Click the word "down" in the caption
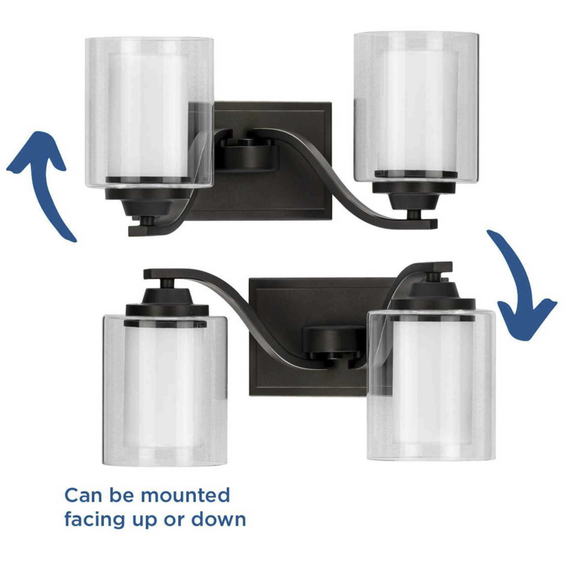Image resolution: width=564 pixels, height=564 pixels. pyautogui.click(x=219, y=520)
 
